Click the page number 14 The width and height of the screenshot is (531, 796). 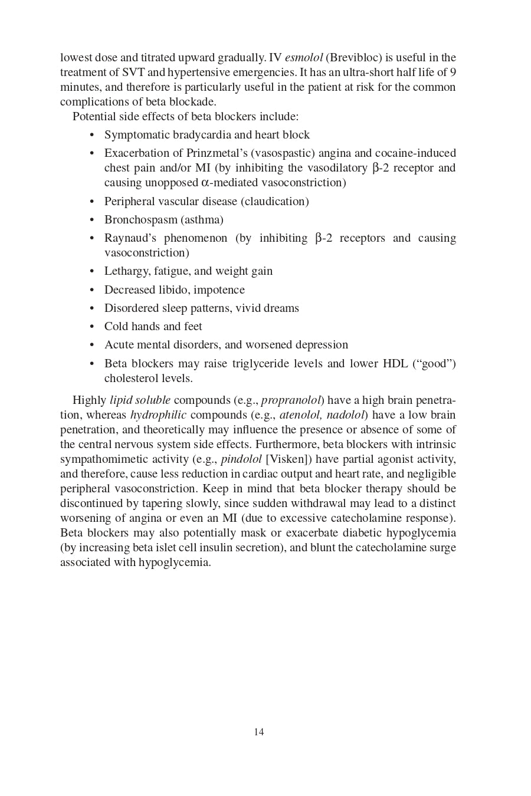[x=258, y=732]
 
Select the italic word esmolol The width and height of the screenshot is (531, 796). [x=304, y=58]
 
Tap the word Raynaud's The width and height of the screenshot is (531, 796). [x=131, y=238]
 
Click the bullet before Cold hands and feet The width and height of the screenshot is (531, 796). [x=91, y=327]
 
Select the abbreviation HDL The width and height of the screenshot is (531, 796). [x=395, y=364]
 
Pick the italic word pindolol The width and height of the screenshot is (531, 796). [x=241, y=459]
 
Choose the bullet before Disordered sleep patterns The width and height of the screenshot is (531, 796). [x=91, y=308]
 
